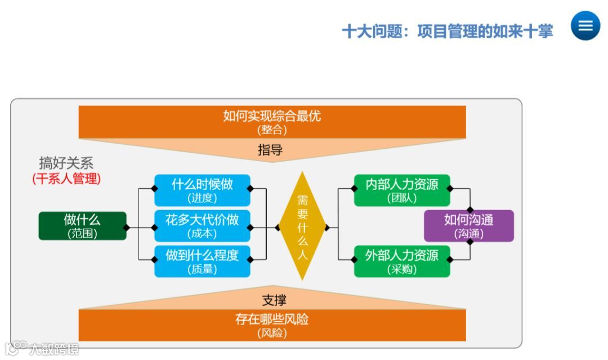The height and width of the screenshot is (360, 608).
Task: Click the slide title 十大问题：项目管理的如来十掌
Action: (x=448, y=31)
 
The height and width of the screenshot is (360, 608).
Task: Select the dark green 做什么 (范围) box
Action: (x=82, y=226)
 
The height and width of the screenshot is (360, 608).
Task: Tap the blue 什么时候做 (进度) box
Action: (x=202, y=190)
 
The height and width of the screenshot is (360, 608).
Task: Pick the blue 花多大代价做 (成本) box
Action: (x=202, y=226)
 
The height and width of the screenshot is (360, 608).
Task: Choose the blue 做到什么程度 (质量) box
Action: (x=202, y=262)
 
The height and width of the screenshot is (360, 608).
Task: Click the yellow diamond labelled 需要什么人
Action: (x=303, y=226)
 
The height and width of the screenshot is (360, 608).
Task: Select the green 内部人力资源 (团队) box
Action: (x=402, y=190)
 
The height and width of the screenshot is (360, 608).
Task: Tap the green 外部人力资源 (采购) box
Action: (x=402, y=261)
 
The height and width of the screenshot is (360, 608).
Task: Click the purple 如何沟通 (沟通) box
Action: (x=468, y=226)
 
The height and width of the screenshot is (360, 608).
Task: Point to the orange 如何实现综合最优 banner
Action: (x=272, y=122)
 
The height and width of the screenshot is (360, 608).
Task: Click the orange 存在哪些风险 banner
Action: (x=272, y=325)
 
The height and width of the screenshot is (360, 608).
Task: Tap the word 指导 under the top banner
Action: (x=270, y=150)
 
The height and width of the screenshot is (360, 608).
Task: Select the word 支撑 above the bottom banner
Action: (x=274, y=300)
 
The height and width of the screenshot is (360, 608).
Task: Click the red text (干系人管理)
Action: (x=66, y=179)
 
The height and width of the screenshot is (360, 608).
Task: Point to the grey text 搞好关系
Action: (x=66, y=163)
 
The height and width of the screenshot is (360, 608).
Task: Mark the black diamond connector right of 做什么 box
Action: (x=127, y=228)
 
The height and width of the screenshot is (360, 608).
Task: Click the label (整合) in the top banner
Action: (x=272, y=130)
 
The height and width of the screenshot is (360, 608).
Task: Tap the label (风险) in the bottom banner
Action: (x=272, y=333)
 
